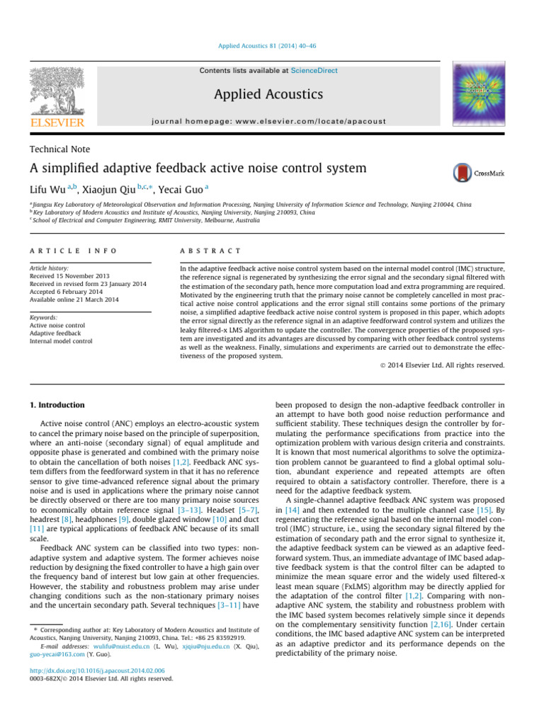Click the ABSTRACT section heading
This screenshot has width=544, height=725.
tap(212, 251)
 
